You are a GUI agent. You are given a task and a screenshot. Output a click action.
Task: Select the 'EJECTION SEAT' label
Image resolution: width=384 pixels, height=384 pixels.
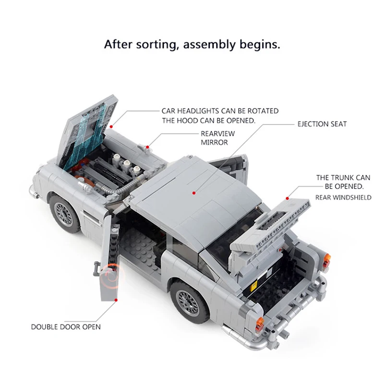click(322, 124)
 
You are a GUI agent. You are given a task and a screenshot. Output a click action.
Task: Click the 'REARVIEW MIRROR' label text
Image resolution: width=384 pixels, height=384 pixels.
click(214, 138)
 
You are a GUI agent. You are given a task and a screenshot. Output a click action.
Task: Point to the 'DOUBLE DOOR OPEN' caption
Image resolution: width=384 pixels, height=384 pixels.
click(66, 327)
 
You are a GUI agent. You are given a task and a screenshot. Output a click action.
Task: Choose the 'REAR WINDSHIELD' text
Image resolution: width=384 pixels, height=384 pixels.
click(343, 197)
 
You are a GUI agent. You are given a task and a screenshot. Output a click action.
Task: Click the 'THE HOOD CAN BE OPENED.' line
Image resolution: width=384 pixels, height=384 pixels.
click(208, 120)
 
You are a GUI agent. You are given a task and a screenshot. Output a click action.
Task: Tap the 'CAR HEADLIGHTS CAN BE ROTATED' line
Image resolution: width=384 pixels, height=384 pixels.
click(220, 111)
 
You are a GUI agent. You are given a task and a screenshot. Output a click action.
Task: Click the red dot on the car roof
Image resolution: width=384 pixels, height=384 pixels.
click(193, 192)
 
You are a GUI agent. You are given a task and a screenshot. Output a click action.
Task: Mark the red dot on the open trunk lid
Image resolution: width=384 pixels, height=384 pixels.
click(287, 197)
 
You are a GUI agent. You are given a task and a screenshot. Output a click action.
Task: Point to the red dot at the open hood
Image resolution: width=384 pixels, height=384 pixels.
click(111, 127)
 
